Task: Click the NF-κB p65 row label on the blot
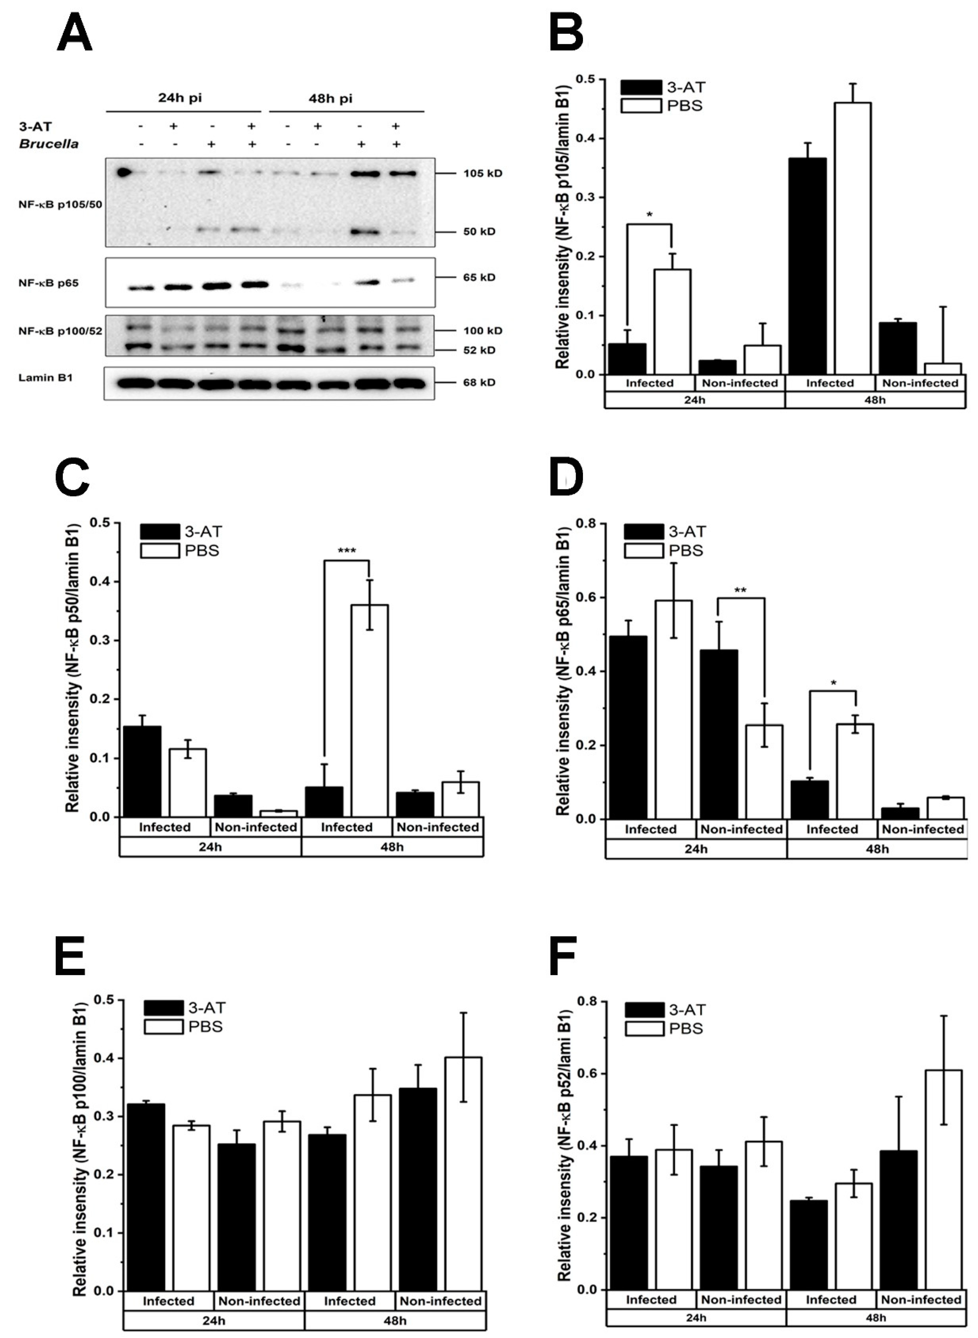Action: (x=49, y=283)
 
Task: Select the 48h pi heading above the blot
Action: (x=330, y=98)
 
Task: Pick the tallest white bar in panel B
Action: (x=853, y=237)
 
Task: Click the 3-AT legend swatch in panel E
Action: (x=164, y=1008)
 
